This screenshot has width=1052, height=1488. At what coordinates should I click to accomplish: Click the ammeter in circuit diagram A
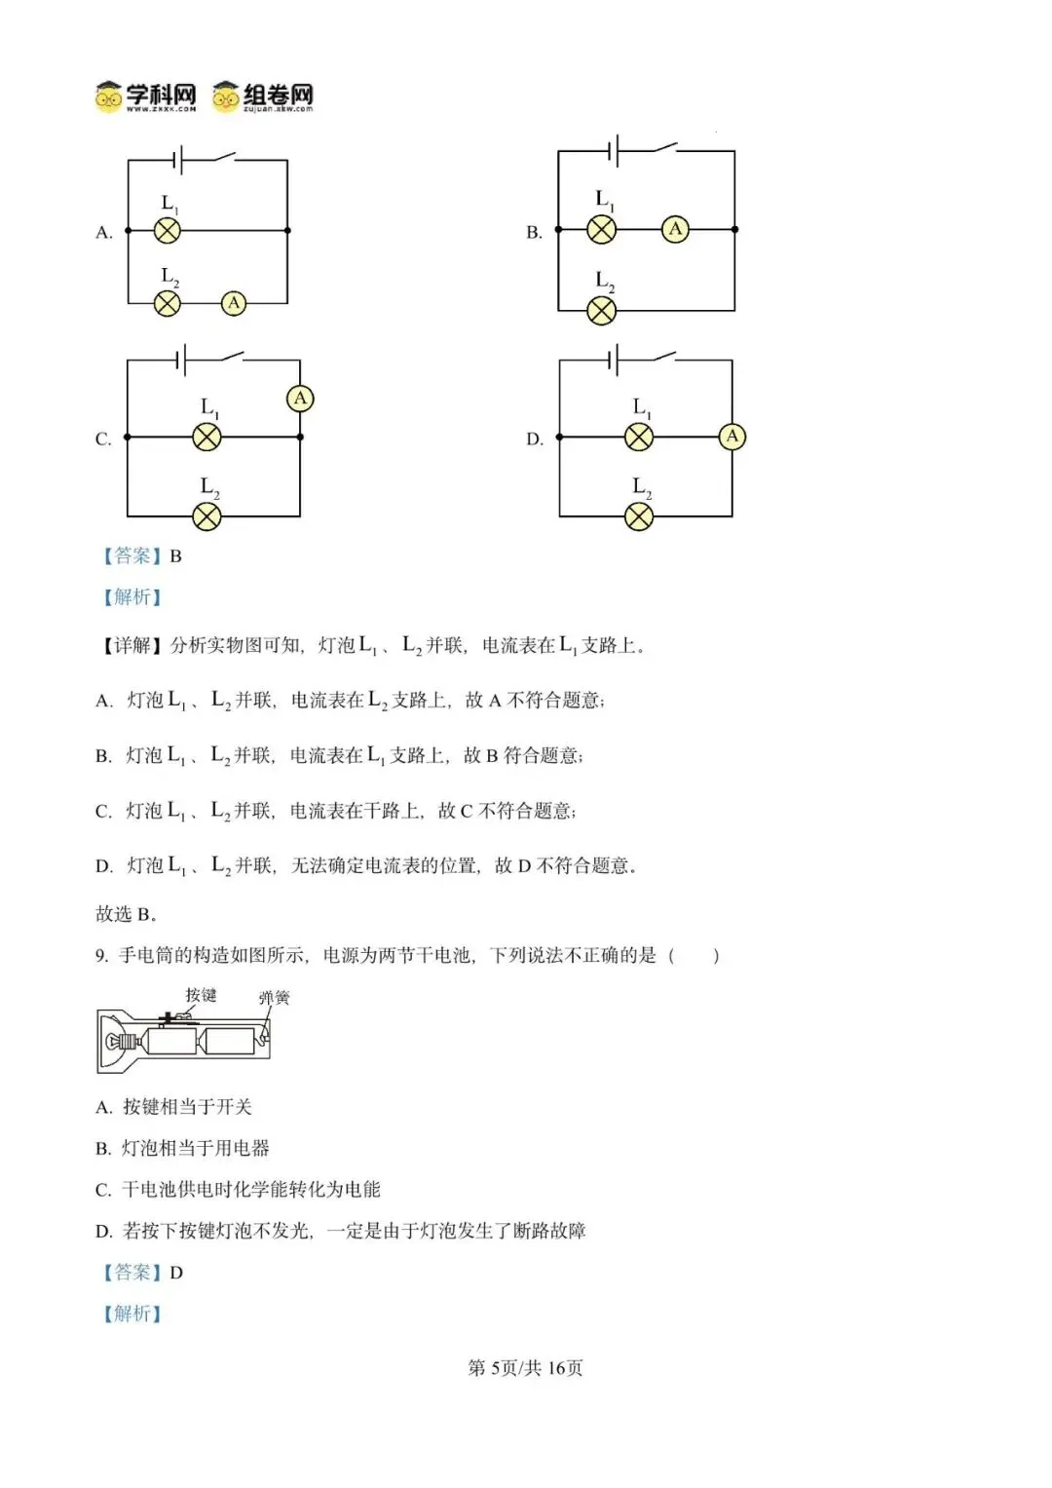(x=234, y=303)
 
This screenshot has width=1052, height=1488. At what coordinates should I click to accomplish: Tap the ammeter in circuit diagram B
(x=675, y=229)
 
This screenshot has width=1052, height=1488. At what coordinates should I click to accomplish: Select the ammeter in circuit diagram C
(x=300, y=398)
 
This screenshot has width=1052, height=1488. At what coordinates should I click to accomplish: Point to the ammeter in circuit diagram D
(x=733, y=437)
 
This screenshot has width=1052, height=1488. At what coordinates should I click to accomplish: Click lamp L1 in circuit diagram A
(x=168, y=231)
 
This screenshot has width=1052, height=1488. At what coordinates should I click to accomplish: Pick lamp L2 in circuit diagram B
(x=602, y=311)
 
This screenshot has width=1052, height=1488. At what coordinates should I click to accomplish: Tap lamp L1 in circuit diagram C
(x=207, y=437)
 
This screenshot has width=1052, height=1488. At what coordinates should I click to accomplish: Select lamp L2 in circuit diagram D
(x=639, y=515)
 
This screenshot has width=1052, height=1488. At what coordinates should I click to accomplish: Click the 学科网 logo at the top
(x=146, y=96)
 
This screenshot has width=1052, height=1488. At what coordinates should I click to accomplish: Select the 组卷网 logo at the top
(x=264, y=96)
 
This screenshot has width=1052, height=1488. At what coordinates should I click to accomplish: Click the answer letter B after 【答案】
(x=176, y=556)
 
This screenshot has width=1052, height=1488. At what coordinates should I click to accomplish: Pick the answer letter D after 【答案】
(x=176, y=1273)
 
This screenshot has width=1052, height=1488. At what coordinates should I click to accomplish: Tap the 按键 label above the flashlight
(x=201, y=995)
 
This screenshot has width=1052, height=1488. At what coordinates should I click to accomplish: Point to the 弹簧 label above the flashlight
(x=274, y=998)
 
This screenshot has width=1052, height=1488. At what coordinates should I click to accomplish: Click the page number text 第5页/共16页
(x=525, y=1368)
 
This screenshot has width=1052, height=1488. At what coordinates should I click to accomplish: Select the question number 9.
(x=101, y=956)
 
